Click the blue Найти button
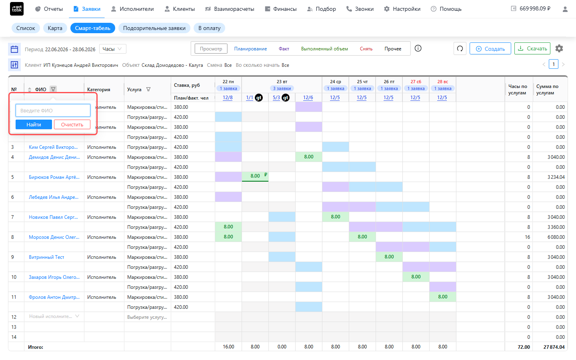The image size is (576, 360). tap(34, 124)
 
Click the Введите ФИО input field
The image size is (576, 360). tap(53, 110)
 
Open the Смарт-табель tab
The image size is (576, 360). tap(92, 28)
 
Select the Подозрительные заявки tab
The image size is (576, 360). tap(154, 28)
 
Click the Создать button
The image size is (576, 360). tap(490, 49)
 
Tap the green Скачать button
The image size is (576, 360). tap(532, 49)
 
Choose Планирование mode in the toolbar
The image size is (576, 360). tap(250, 49)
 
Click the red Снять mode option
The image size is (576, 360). tap(366, 49)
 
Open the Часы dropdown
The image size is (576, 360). tap(113, 49)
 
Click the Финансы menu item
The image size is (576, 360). tap(281, 9)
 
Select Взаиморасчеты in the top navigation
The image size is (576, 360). tap(230, 9)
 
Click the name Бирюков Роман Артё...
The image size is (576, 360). tap(54, 177)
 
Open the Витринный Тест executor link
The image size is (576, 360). tap(46, 257)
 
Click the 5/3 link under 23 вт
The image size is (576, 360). tap(276, 98)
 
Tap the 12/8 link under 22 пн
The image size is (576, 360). tap(228, 98)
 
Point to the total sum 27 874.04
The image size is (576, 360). tap(554, 347)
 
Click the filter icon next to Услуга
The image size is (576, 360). tap(148, 89)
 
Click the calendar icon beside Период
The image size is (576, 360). tap(14, 49)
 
